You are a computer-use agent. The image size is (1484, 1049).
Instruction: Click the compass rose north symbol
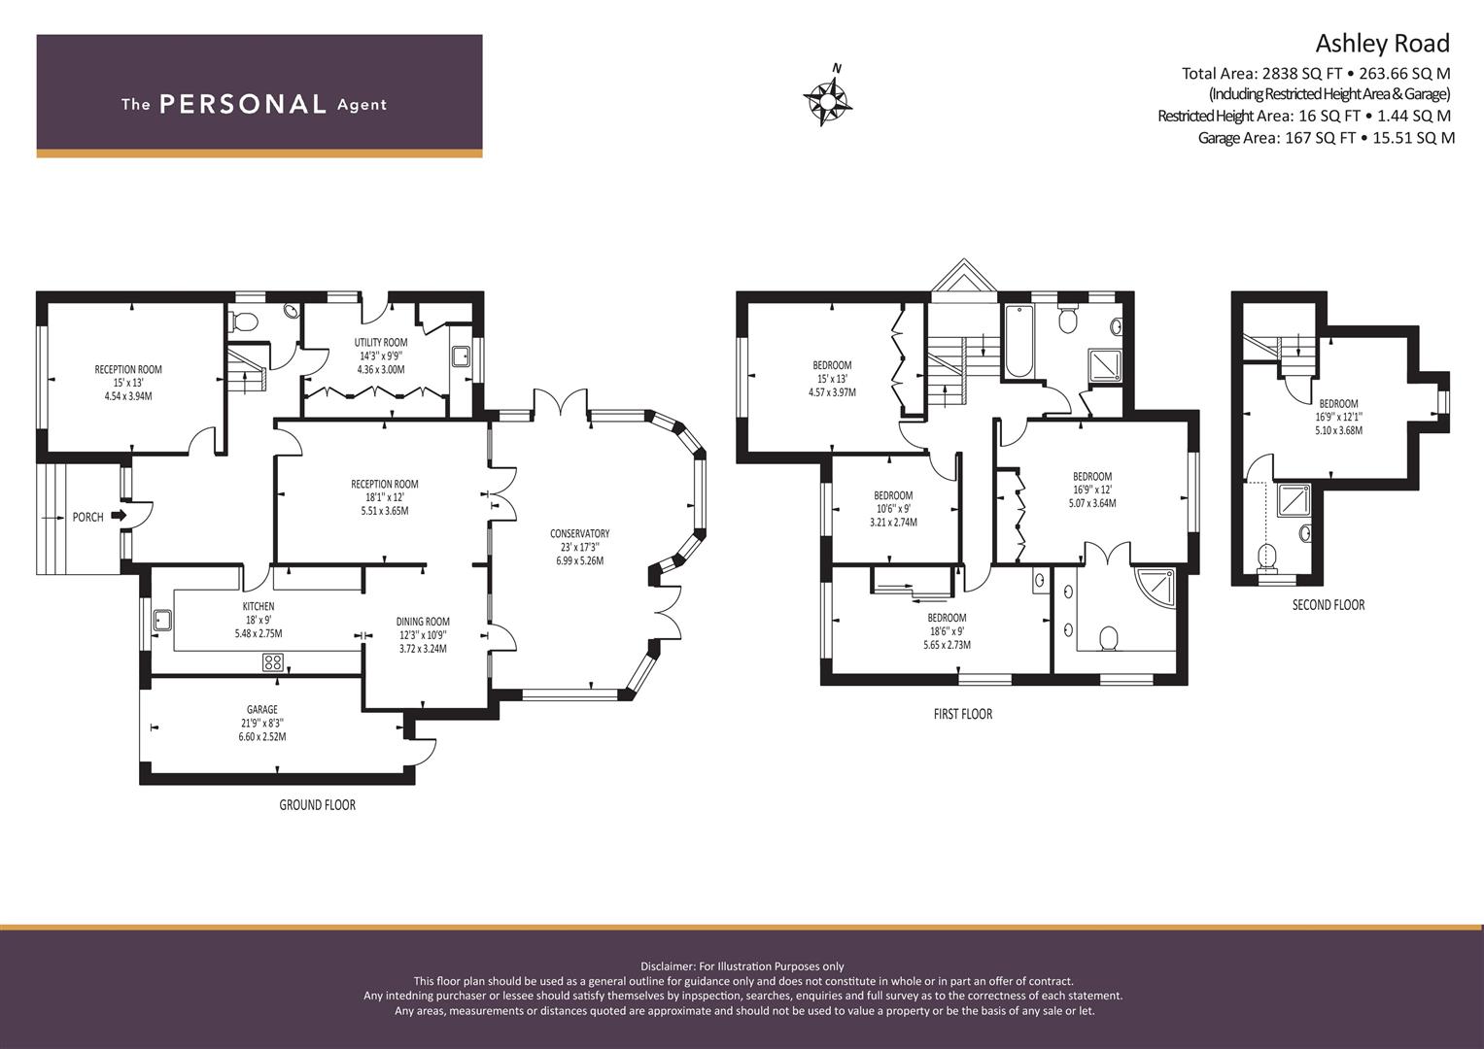coord(828,98)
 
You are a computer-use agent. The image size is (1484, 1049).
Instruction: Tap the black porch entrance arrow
coord(119,515)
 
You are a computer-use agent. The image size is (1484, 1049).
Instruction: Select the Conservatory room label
coord(579,534)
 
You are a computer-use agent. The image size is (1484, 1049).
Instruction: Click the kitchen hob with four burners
coord(273,661)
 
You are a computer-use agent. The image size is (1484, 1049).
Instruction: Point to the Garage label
coord(262,709)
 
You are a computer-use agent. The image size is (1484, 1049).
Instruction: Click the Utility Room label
coord(380,342)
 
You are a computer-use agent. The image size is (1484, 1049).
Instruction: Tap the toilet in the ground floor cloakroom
coord(243,321)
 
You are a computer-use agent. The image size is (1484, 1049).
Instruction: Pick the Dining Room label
coord(423,622)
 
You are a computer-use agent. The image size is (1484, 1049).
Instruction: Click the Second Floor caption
coord(1329,604)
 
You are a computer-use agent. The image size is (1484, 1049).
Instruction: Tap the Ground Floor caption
coord(318,804)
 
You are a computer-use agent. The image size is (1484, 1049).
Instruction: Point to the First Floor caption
coord(963,714)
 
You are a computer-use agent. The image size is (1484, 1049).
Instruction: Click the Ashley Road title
coord(1383,43)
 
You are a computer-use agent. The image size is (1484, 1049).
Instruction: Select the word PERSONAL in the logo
coord(243,104)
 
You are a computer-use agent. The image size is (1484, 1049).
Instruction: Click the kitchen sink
coord(162,621)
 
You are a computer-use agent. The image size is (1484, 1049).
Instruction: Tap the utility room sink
coord(460,356)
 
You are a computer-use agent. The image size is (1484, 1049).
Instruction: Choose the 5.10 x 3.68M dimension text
coord(1338,430)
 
